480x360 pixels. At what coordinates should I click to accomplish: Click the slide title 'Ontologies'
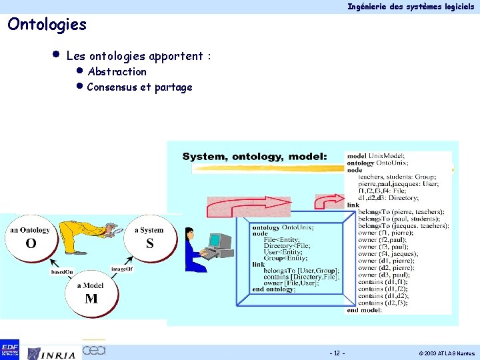[x=47, y=25]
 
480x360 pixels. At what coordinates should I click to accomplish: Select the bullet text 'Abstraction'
[x=117, y=72]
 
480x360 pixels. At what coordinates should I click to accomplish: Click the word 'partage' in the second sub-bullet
[x=173, y=87]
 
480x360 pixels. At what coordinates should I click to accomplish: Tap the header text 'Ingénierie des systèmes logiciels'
[x=411, y=6]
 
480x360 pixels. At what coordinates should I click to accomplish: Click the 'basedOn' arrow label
[x=62, y=271]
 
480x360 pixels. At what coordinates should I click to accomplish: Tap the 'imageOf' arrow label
[x=122, y=269]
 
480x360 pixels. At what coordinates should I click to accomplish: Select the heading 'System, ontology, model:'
[x=255, y=156]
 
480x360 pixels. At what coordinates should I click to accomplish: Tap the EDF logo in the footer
[x=10, y=349]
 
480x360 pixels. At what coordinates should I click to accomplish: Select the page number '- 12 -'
[x=337, y=353]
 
